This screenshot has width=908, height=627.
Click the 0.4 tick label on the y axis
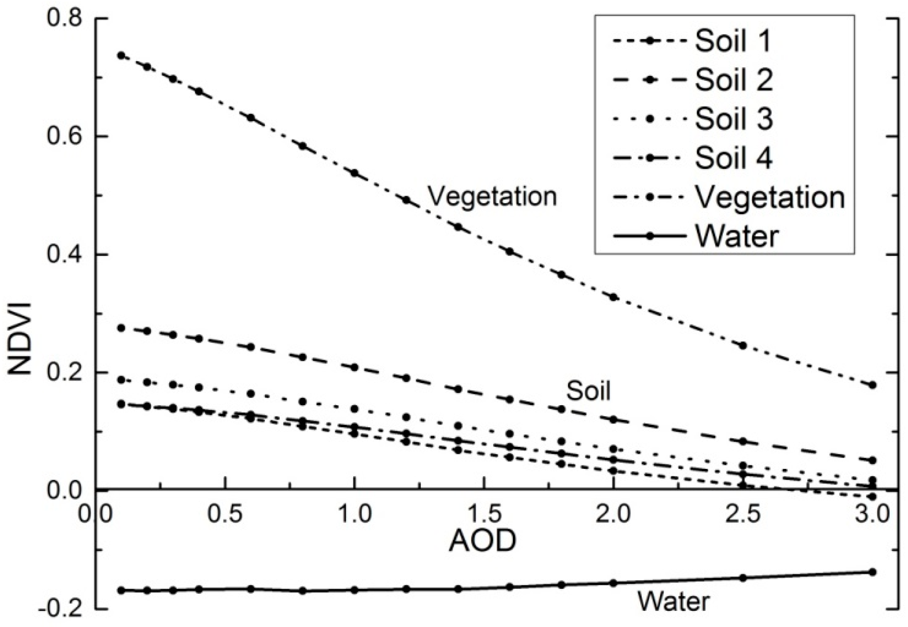click(63, 255)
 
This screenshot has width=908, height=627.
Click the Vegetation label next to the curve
click(492, 196)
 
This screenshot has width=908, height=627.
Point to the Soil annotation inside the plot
click(588, 391)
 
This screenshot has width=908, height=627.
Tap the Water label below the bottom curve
click(674, 601)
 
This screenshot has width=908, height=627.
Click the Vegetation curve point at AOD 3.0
click(873, 385)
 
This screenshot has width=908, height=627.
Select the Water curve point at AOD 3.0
click(873, 572)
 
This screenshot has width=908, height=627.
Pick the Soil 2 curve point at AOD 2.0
click(613, 419)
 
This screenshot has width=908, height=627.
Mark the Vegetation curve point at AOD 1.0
click(354, 173)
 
